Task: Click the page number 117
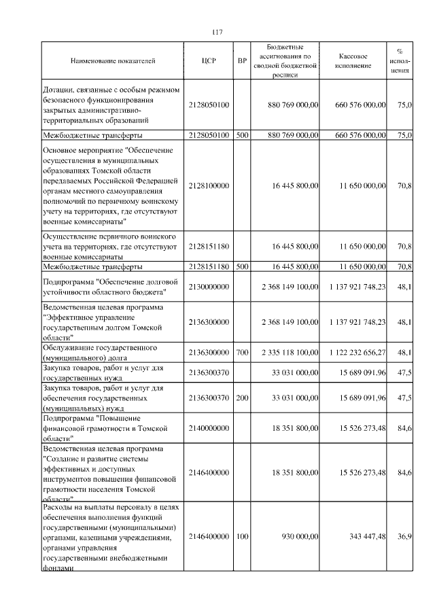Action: click(x=217, y=33)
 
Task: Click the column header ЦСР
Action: click(x=209, y=61)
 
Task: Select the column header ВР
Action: click(x=242, y=61)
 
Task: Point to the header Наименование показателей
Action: click(x=113, y=61)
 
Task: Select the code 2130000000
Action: click(x=209, y=287)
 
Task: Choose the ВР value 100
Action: click(x=242, y=537)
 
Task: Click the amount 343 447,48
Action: click(x=367, y=537)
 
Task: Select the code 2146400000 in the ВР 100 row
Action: click(x=209, y=537)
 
